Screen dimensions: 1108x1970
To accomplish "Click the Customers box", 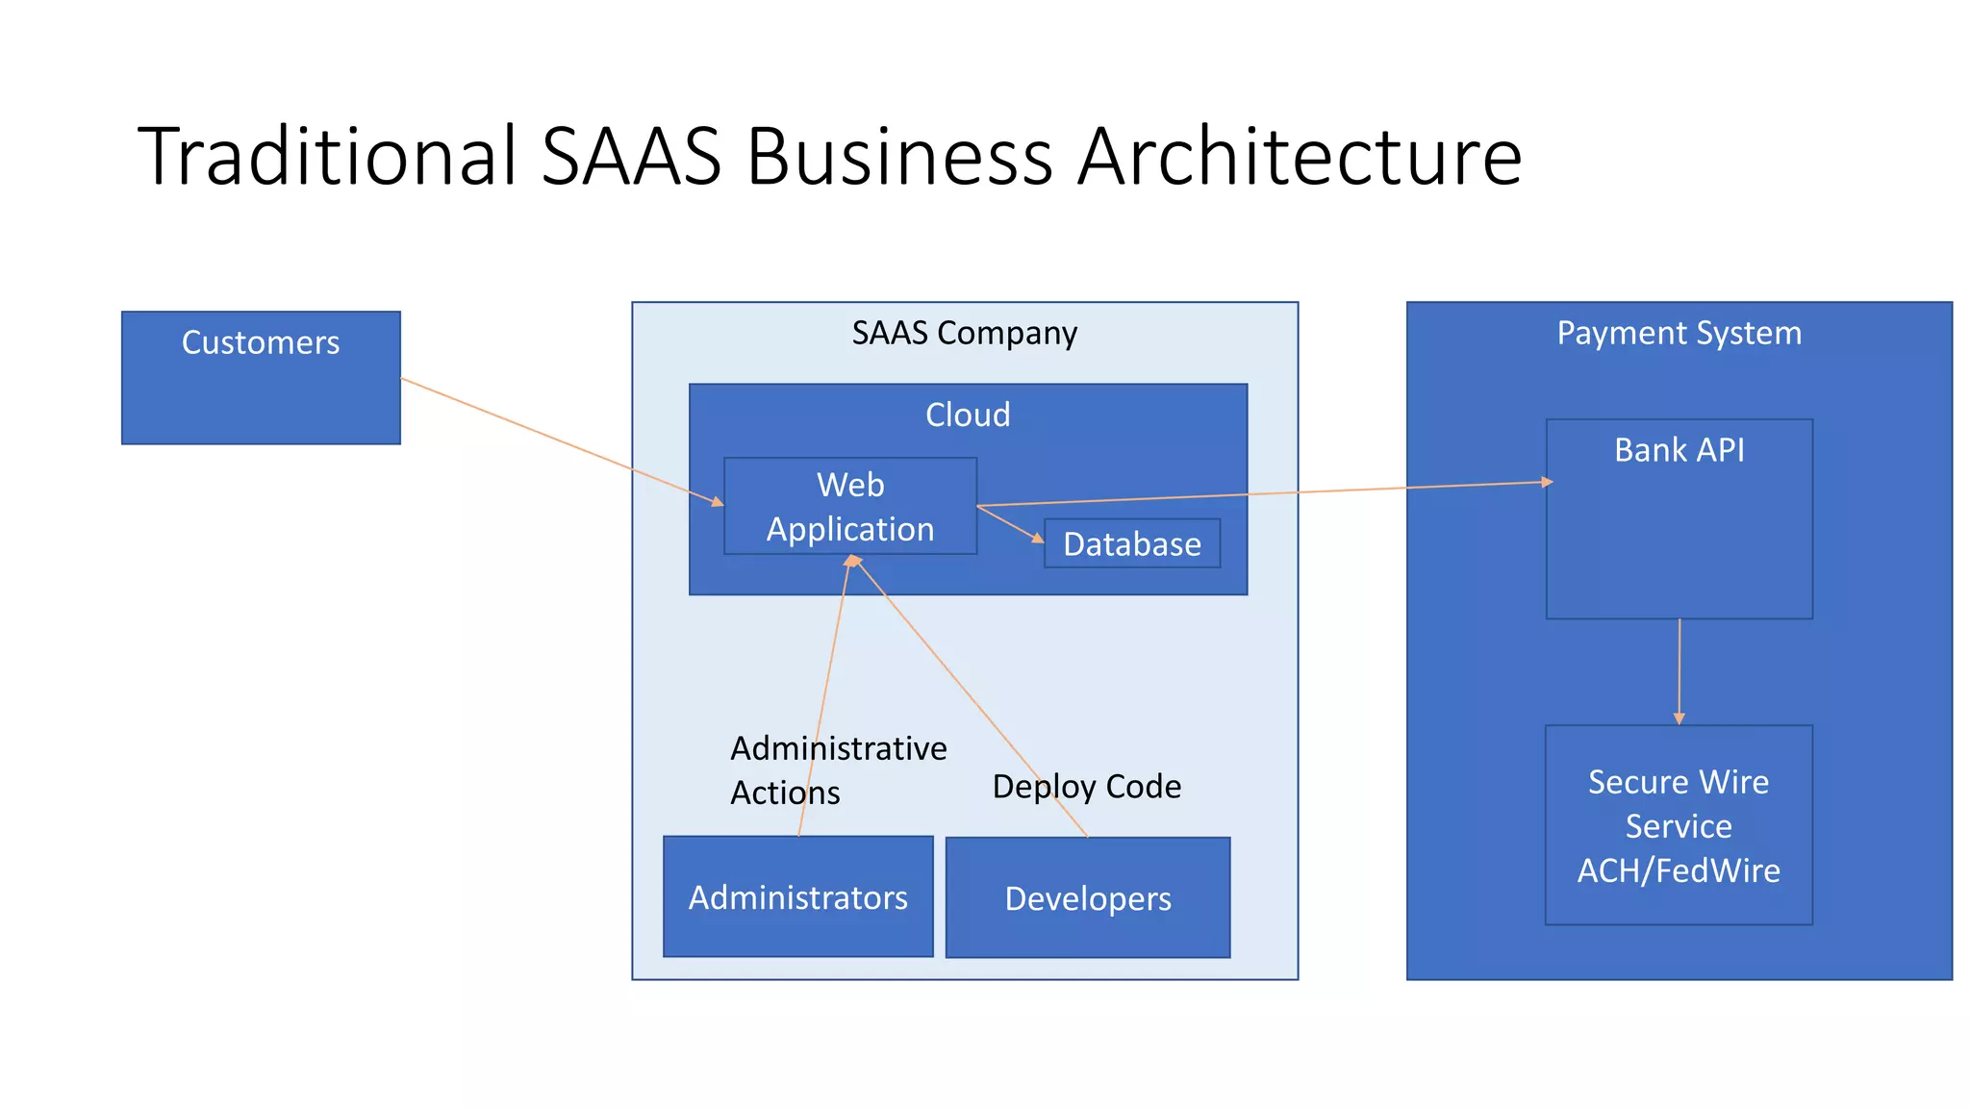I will tap(261, 377).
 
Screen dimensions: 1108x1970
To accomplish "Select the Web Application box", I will tap(850, 506).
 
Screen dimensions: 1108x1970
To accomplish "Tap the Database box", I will tap(1132, 543).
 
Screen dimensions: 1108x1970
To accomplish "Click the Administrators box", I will tap(798, 896).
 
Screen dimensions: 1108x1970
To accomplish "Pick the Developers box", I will tap(1088, 897).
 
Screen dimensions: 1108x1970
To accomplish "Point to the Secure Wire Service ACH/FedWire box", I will tap(1679, 825).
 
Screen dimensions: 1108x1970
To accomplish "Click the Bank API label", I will tap(1679, 450).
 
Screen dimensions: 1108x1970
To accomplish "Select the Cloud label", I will tap(968, 415).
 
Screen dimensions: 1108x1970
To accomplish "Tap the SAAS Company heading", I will tap(964, 333).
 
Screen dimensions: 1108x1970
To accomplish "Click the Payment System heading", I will tap(1679, 333).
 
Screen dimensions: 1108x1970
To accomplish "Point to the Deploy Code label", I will tap(1086, 787).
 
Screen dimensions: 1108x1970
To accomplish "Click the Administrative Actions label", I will tap(837, 770).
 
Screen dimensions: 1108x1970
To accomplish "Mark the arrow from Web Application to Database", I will tap(1010, 524).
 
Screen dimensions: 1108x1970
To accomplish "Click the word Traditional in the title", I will tap(328, 156).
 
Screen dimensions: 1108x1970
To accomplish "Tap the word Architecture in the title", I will tap(1299, 156).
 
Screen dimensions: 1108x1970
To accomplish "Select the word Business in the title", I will tap(899, 156).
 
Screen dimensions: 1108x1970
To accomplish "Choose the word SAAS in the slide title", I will tap(631, 156).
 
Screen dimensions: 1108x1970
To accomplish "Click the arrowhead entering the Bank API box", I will tap(1547, 482).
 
